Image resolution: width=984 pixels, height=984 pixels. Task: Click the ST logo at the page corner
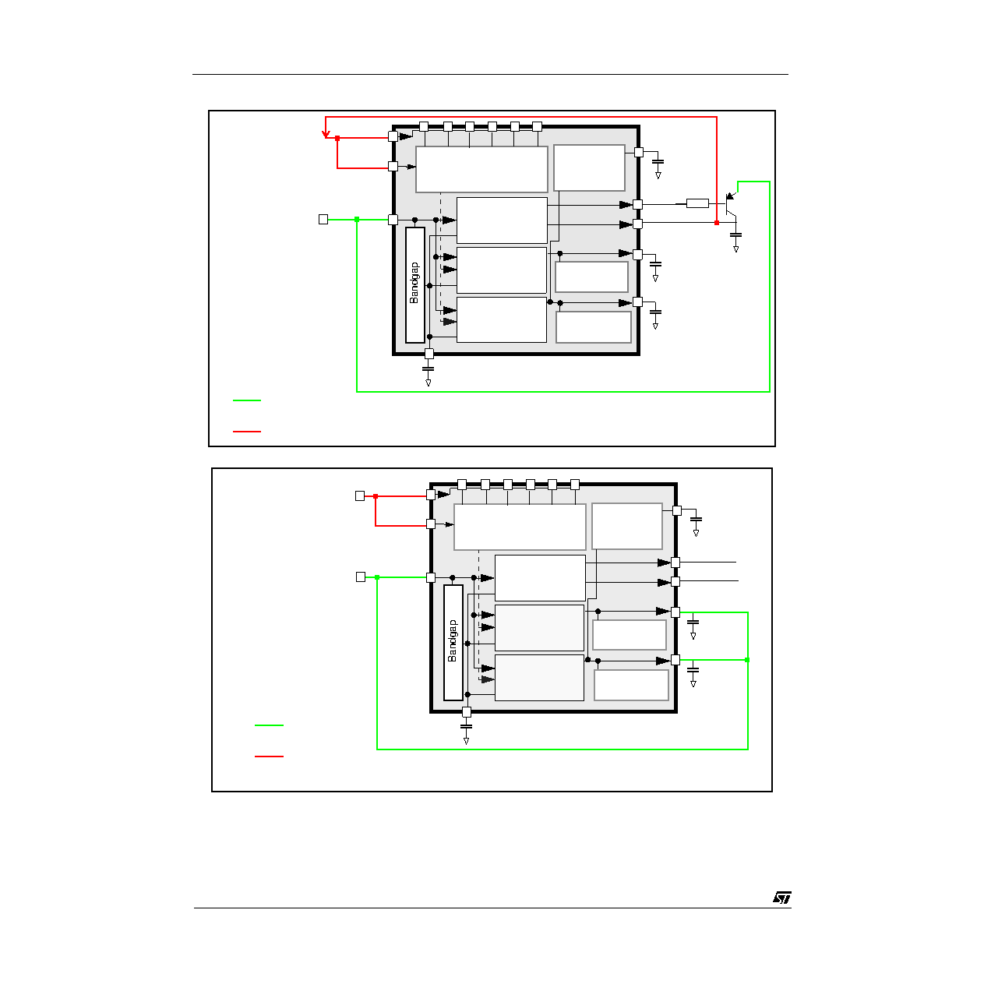point(781,898)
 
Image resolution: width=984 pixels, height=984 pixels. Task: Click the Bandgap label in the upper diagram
point(414,283)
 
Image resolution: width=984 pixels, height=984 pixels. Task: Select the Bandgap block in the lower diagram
point(453,643)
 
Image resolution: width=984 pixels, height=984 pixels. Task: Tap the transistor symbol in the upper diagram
point(731,206)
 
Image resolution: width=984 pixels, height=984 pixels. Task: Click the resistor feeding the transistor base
point(697,204)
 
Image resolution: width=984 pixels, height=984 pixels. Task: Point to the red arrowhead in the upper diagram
point(326,134)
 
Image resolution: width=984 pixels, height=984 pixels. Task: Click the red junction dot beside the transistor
point(717,223)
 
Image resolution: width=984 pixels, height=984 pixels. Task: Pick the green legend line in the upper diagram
point(247,400)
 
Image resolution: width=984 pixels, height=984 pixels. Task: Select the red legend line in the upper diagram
point(247,432)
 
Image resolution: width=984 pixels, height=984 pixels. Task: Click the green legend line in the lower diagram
point(269,725)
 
